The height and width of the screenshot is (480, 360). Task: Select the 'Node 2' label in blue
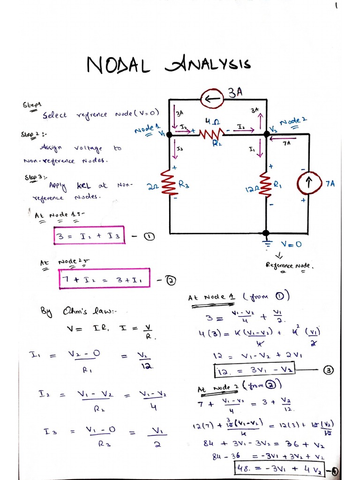coord(293,121)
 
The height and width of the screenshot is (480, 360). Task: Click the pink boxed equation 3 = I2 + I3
coord(90,236)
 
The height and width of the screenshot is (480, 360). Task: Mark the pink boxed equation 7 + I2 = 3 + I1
coord(105,279)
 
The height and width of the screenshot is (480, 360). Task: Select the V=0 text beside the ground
coord(292,245)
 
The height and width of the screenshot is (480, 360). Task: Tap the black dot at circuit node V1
coord(170,135)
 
